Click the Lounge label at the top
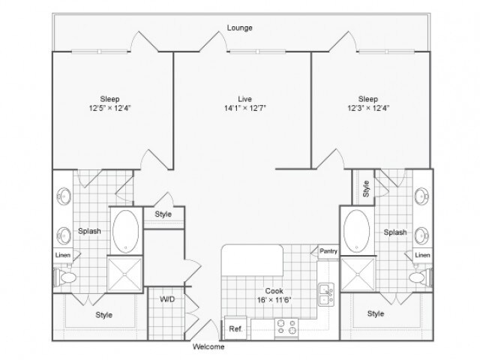pos(240,28)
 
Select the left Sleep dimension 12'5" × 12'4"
pos(110,108)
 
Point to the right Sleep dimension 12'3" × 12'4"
pos(368,108)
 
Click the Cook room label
pos(273,291)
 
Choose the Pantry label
pos(328,251)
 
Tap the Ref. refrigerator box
pos(235,328)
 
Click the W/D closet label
pos(168,299)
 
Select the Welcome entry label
pos(208,347)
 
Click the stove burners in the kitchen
pos(286,327)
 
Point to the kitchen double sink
pos(325,293)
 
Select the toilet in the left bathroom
pos(66,278)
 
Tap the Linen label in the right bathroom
pos(422,256)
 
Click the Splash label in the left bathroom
pos(89,232)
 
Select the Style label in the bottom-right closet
pos(375,313)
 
